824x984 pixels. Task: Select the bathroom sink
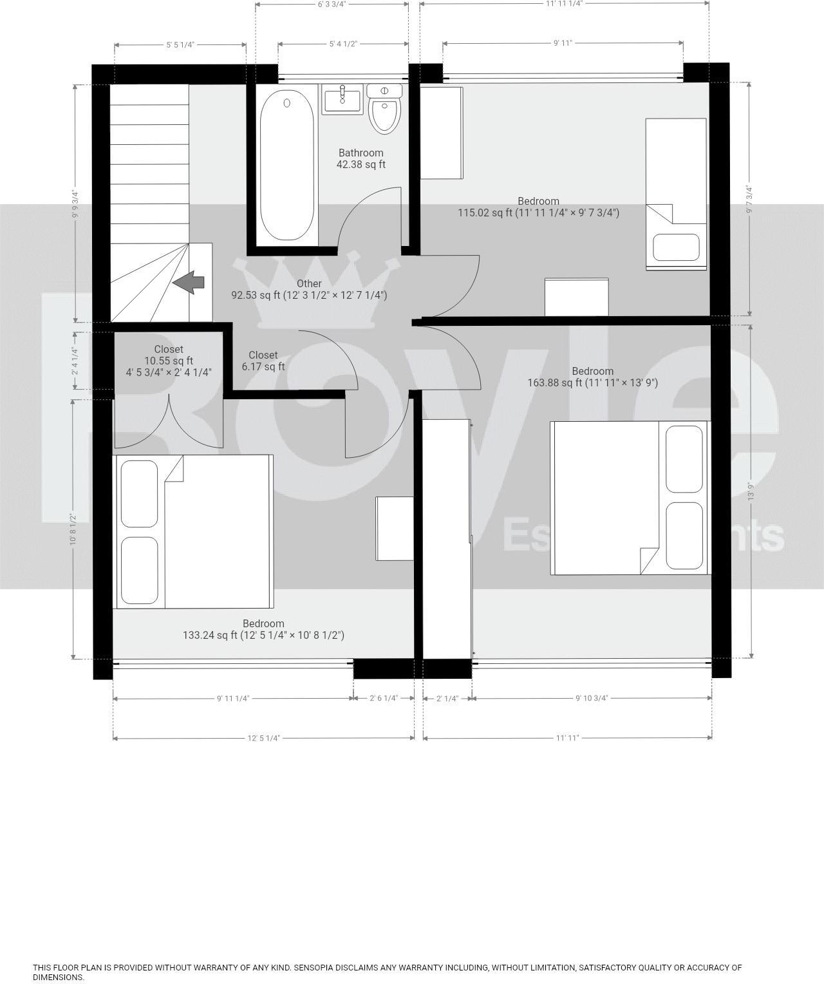point(342,100)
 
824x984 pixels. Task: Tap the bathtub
point(287,165)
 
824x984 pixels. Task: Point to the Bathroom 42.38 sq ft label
point(360,158)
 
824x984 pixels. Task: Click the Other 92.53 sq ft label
point(309,289)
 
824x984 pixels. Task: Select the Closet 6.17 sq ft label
point(263,361)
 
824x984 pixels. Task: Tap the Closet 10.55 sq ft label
point(169,361)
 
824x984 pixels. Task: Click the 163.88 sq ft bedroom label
point(592,377)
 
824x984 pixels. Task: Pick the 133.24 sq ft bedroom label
point(263,629)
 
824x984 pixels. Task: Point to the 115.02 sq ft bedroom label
point(538,207)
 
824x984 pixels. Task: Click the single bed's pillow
point(676,247)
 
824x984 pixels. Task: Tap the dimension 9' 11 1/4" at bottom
point(233,698)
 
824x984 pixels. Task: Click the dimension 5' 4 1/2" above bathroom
point(343,44)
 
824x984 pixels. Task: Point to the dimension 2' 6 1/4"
point(384,698)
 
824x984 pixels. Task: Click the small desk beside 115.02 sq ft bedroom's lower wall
point(576,297)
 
